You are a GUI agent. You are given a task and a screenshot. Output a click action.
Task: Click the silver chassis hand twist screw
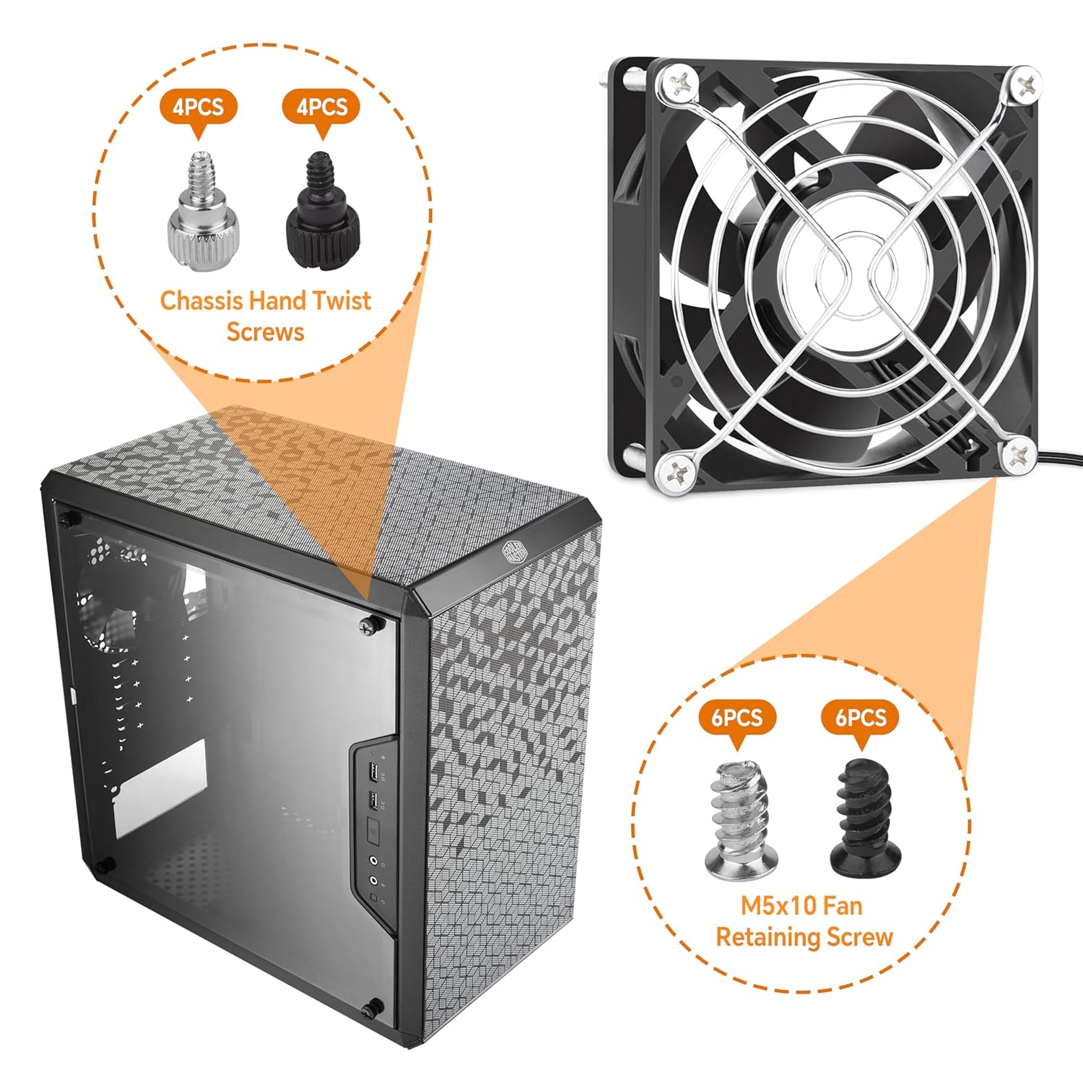pyautogui.click(x=199, y=209)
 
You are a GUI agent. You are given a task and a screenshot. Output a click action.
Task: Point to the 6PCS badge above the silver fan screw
pyautogui.click(x=736, y=719)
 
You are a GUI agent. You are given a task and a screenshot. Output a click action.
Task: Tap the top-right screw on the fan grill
pyautogui.click(x=1024, y=84)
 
